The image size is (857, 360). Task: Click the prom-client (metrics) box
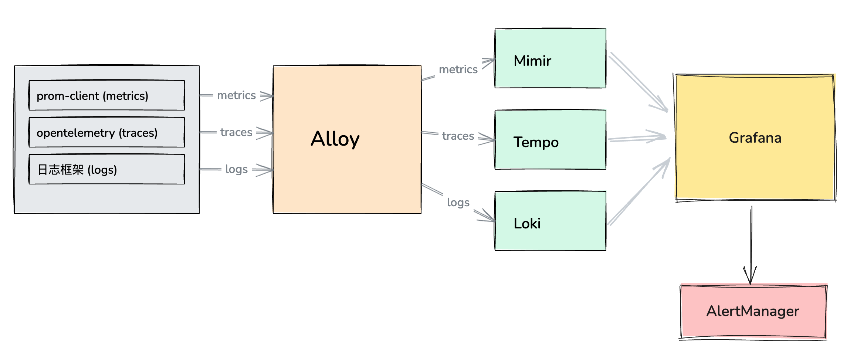point(106,95)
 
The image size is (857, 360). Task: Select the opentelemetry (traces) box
point(106,132)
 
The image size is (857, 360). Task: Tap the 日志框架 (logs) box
point(106,169)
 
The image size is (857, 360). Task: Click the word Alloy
point(335,139)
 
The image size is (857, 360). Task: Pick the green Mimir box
point(550,58)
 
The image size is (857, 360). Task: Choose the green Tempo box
point(550,140)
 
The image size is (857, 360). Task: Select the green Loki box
point(550,221)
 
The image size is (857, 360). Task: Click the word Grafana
point(755,138)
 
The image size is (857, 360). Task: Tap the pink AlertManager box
point(753,311)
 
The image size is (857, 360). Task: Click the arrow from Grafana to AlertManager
point(751,244)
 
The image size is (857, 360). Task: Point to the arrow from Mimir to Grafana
point(638,82)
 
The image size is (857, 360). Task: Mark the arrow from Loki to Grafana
point(638,192)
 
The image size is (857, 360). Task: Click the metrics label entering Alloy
point(236,95)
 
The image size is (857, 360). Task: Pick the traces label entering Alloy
point(236,132)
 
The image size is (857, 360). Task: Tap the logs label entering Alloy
point(236,169)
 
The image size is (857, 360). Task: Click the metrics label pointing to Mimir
point(458,69)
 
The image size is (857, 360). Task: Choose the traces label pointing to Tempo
point(458,136)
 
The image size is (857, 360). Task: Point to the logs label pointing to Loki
point(458,203)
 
